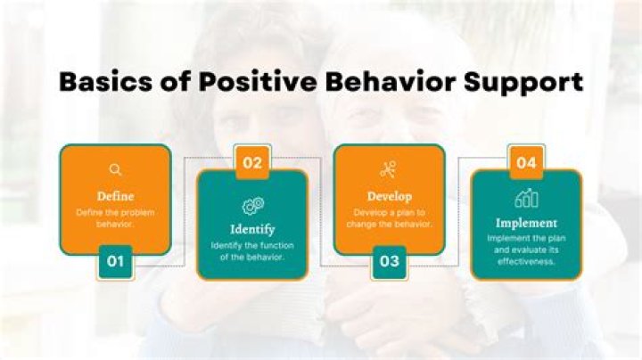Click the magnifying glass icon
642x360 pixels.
tap(115, 169)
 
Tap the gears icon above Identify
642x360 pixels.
tap(252, 205)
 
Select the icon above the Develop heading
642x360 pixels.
tap(389, 169)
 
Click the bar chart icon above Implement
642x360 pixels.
tap(526, 198)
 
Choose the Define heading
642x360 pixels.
tap(115, 195)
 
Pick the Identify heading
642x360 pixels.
tap(252, 229)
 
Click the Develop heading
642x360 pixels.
tap(389, 195)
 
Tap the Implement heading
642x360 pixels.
tap(526, 223)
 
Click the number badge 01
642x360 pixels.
tap(115, 262)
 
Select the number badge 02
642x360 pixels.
tap(252, 162)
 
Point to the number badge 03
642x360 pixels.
tap(389, 262)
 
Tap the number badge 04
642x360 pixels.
tap(526, 162)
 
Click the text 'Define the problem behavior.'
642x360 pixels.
tap(115, 218)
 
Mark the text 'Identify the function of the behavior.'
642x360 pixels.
tap(252, 250)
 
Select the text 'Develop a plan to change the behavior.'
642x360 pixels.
tap(389, 218)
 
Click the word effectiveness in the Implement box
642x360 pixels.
tap(526, 262)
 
